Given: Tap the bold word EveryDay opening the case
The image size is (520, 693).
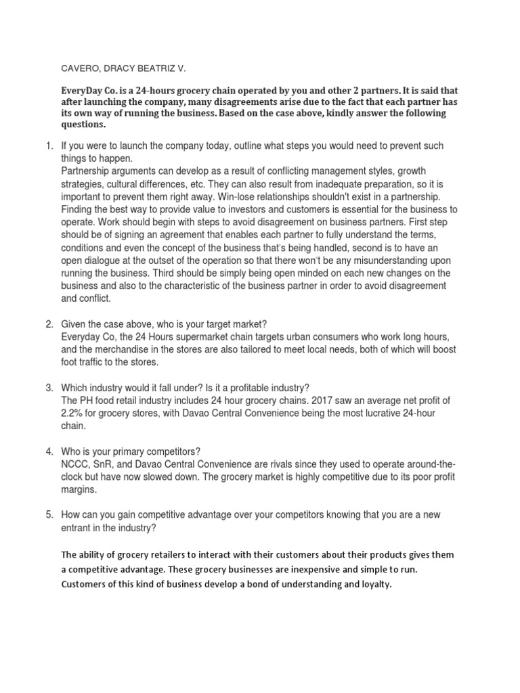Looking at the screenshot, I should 81,89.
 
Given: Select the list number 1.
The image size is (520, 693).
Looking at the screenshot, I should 49,146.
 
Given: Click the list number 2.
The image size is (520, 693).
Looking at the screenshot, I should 49,325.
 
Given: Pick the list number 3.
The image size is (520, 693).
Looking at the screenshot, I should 49,388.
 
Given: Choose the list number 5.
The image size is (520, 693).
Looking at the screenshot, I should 49,515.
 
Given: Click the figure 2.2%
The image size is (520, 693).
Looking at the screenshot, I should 74,413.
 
